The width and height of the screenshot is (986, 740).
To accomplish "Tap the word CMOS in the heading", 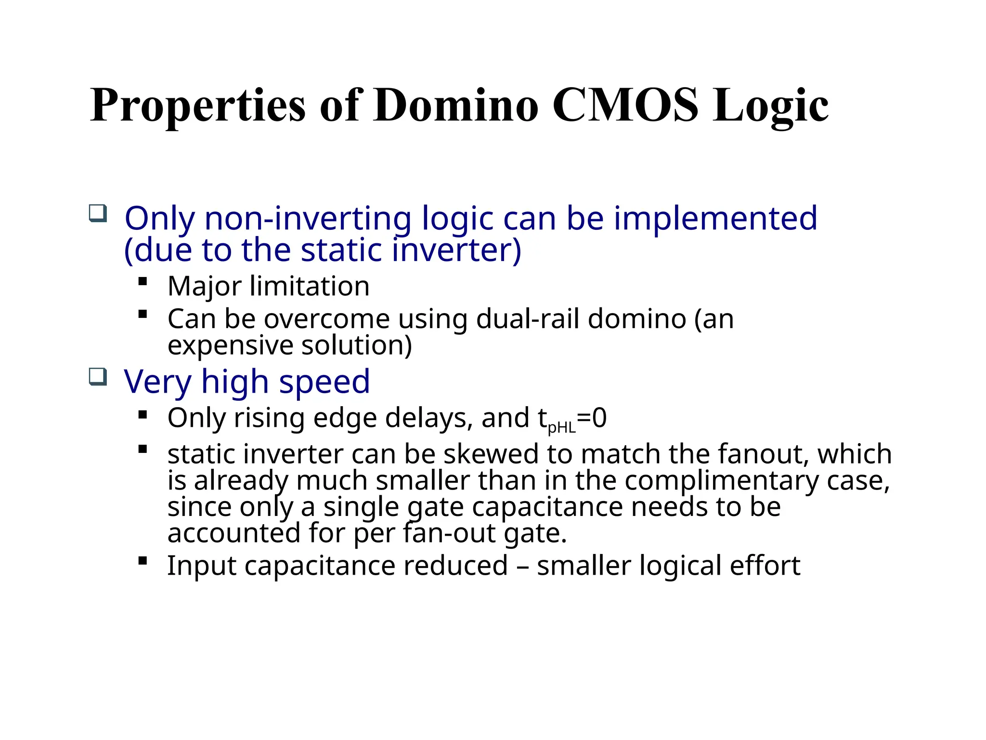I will (624, 105).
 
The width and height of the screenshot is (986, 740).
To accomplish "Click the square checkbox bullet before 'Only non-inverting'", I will (98, 213).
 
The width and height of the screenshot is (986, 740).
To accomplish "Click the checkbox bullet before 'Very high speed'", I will (98, 376).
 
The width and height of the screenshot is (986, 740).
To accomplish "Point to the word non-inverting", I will (308, 219).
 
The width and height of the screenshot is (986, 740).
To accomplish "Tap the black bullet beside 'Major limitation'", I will (143, 281).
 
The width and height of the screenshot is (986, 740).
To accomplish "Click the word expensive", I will (230, 345).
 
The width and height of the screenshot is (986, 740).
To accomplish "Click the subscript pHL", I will (562, 427).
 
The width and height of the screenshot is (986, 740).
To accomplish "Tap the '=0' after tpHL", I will (592, 418).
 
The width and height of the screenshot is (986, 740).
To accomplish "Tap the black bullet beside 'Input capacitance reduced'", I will (143, 560).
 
